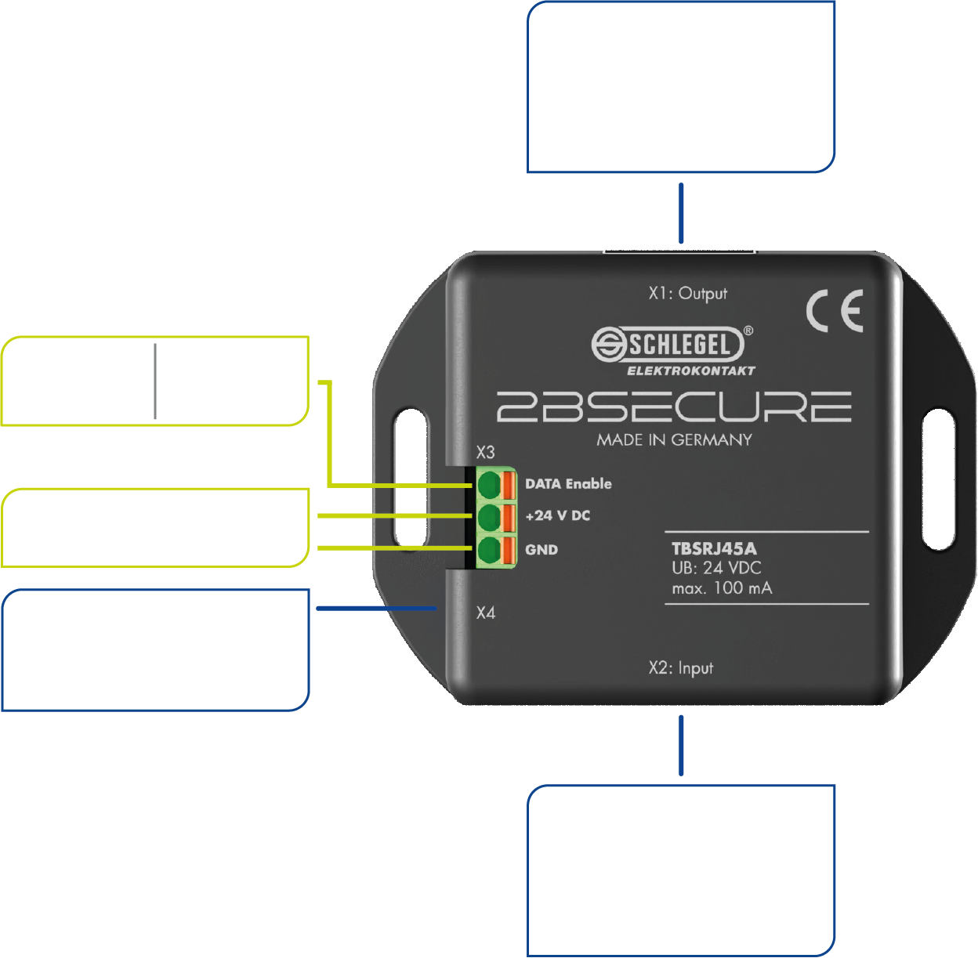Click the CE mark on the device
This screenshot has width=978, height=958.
[835, 310]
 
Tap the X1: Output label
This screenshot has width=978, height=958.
[687, 294]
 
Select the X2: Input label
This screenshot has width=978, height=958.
[680, 668]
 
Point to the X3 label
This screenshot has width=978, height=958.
[485, 452]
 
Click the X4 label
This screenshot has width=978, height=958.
[486, 613]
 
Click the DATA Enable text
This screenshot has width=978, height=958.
[568, 484]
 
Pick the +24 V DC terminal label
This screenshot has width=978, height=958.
[557, 516]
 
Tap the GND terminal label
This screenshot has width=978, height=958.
[542, 550]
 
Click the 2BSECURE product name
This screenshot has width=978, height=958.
[674, 407]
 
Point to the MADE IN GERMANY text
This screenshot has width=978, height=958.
[674, 440]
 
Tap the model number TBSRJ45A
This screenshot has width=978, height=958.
[714, 548]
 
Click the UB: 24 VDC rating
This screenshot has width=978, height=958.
[716, 568]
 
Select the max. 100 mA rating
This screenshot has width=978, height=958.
[722, 588]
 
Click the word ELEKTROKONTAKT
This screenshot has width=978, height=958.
[690, 371]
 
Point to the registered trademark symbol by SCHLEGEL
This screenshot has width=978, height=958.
[748, 331]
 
